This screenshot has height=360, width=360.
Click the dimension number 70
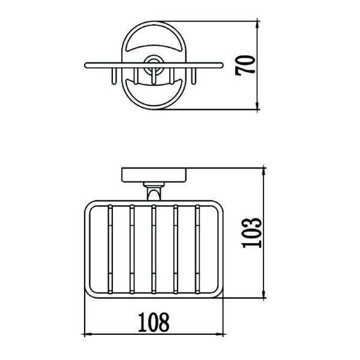pyautogui.click(x=245, y=65)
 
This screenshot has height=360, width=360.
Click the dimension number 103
pyautogui.click(x=252, y=233)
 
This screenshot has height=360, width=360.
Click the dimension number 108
pyautogui.click(x=154, y=322)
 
